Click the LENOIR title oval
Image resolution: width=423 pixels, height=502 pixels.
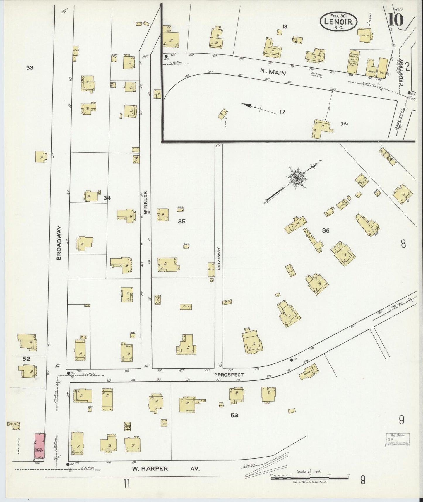(339, 21)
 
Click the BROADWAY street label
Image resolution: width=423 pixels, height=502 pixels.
(59, 243)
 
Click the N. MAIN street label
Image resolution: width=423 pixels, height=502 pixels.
(273, 71)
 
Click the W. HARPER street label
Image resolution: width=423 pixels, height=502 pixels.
(149, 469)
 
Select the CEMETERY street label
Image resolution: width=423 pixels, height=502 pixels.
(402, 72)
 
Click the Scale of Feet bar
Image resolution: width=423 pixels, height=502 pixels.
(309, 478)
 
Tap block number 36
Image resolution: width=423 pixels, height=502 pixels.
(326, 230)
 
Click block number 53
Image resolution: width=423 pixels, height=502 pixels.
(234, 415)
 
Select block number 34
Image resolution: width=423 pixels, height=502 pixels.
(107, 198)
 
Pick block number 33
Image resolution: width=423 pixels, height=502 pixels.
(30, 68)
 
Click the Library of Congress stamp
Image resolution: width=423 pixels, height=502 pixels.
(397, 439)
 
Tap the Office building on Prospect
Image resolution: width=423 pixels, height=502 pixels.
(309, 372)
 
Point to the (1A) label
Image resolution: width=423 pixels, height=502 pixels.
(344, 124)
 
